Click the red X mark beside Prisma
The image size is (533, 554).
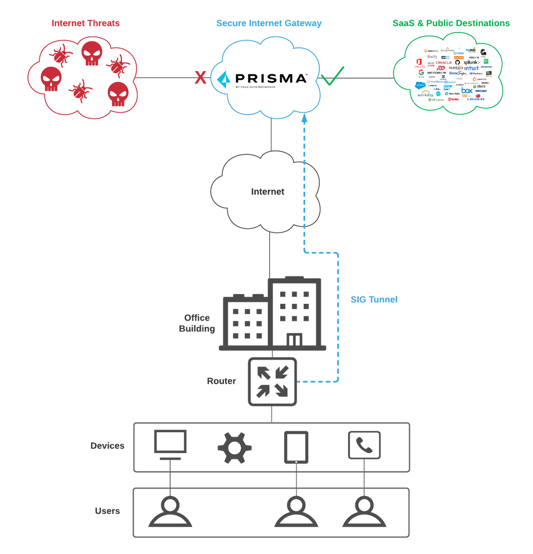[200, 78]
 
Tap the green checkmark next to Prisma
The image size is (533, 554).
[333, 76]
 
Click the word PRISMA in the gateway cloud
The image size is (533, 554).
[270, 79]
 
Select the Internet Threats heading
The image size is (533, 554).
[85, 23]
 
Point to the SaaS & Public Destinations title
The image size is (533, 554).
[451, 23]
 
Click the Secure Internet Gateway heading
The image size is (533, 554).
[269, 23]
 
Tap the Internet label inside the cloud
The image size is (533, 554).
[267, 191]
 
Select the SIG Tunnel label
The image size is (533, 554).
[374, 299]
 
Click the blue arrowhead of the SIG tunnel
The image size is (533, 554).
[304, 118]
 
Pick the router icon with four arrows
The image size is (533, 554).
[272, 382]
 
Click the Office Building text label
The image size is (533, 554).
[197, 323]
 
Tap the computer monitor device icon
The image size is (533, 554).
[170, 444]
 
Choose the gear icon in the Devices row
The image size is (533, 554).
[235, 448]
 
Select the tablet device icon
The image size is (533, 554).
[296, 447]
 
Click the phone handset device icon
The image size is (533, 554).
[364, 445]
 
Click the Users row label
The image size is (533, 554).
[107, 511]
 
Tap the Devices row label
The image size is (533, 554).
[107, 446]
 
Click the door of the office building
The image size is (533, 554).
[294, 340]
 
